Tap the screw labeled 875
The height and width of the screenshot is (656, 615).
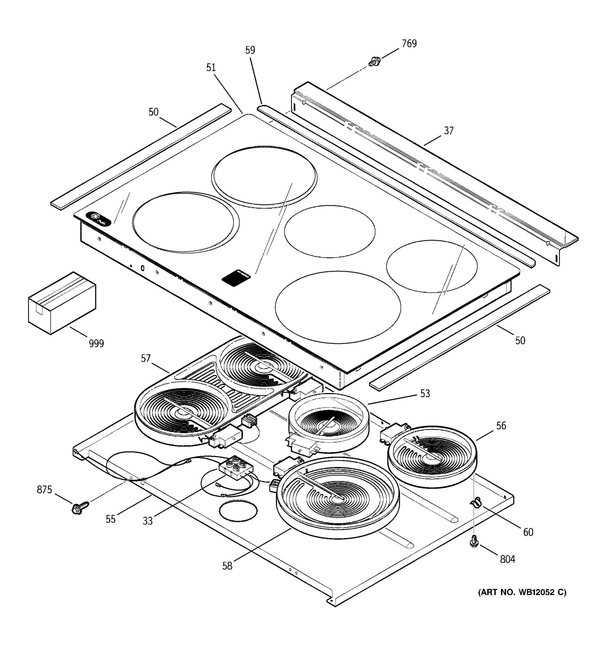click(x=80, y=508)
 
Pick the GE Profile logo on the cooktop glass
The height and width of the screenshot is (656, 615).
click(x=98, y=219)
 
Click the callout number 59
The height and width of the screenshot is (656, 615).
click(x=250, y=50)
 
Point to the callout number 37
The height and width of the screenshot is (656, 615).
click(x=448, y=131)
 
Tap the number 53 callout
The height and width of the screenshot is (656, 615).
click(x=425, y=394)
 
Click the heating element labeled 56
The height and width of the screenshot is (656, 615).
click(x=432, y=456)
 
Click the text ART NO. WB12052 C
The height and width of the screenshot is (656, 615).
click(x=522, y=592)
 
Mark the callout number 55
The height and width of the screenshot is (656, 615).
click(x=110, y=519)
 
